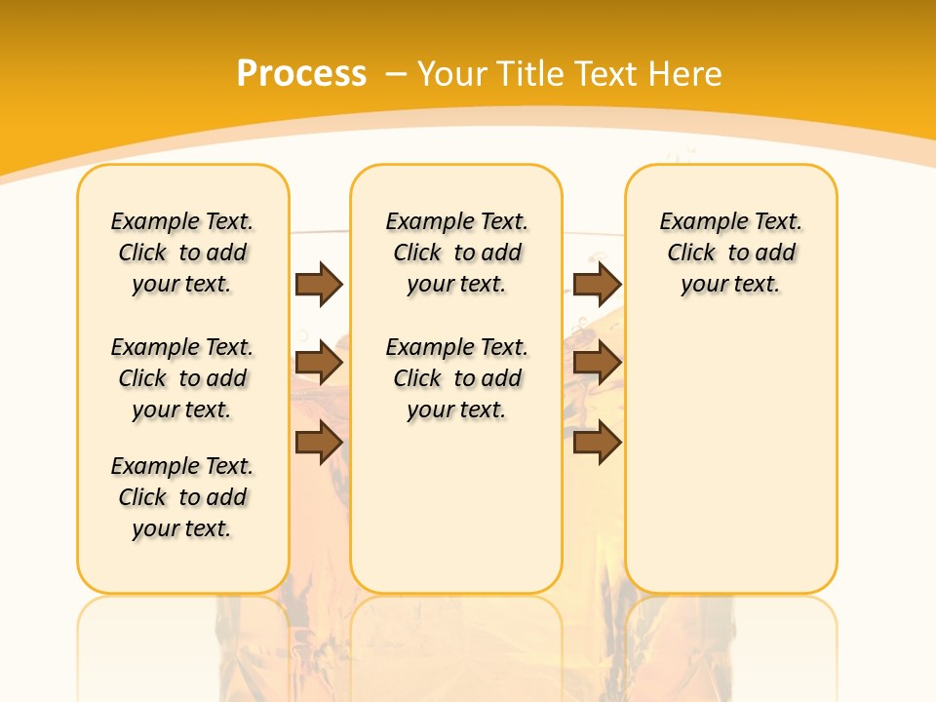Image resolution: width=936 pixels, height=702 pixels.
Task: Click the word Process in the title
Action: click(x=301, y=74)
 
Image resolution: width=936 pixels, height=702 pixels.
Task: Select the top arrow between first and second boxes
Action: click(x=319, y=284)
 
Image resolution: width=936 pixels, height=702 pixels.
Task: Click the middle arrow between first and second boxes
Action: click(x=319, y=364)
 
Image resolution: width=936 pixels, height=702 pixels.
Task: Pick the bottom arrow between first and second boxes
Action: click(x=319, y=443)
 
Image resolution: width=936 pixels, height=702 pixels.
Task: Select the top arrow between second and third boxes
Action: click(x=597, y=284)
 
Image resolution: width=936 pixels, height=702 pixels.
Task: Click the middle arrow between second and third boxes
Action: click(x=597, y=364)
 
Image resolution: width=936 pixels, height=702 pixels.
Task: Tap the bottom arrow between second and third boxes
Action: click(x=597, y=443)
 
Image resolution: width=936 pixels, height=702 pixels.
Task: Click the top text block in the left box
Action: click(x=182, y=253)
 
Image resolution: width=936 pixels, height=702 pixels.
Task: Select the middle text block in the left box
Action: click(x=182, y=378)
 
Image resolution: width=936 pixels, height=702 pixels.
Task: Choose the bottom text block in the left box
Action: click(x=182, y=497)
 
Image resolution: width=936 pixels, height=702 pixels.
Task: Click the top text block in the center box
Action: click(x=456, y=253)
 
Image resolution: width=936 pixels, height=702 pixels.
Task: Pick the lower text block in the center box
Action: click(x=456, y=378)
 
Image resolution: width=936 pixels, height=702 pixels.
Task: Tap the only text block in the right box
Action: click(x=730, y=253)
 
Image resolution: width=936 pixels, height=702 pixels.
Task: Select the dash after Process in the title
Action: click(x=396, y=74)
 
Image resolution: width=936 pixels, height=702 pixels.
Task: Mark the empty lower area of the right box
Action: click(x=730, y=458)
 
